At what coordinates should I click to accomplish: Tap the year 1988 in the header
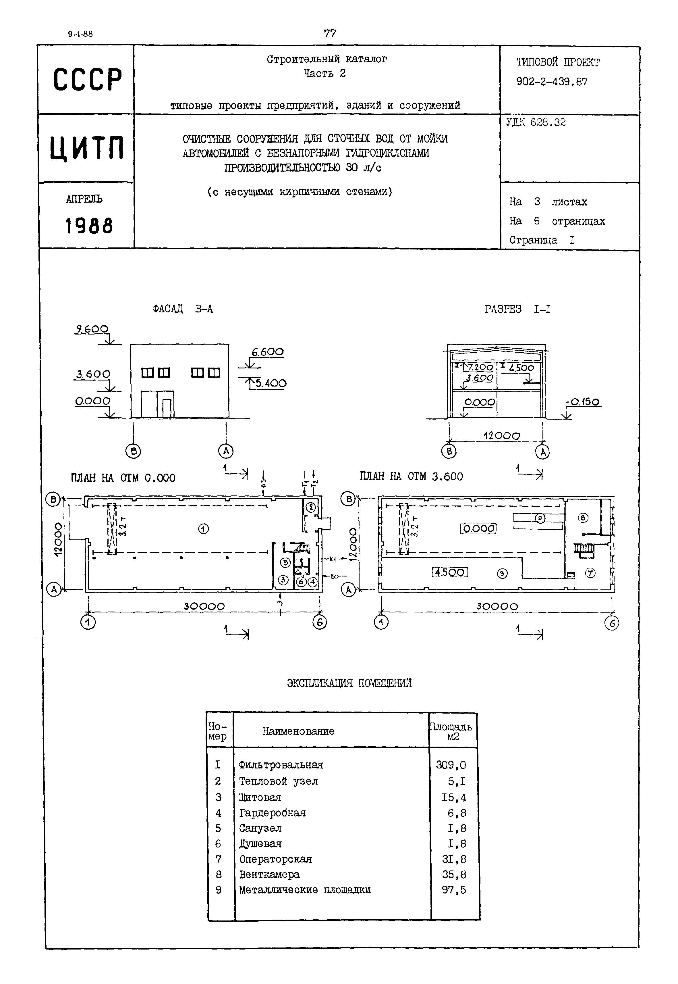tap(89, 226)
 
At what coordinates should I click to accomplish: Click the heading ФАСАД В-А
tap(182, 309)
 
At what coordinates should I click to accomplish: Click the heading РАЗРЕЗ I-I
tap(517, 309)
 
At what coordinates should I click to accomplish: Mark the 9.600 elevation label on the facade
tap(92, 329)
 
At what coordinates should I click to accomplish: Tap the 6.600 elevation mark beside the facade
tap(267, 352)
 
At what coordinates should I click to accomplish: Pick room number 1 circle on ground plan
tap(204, 529)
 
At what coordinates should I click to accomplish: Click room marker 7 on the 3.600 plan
tap(590, 573)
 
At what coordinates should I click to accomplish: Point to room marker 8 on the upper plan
tap(583, 517)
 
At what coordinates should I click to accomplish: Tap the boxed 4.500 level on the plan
tap(449, 572)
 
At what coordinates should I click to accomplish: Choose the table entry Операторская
tap(276, 859)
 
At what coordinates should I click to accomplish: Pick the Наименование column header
tap(298, 731)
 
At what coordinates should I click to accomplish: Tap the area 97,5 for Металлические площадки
tap(454, 890)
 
